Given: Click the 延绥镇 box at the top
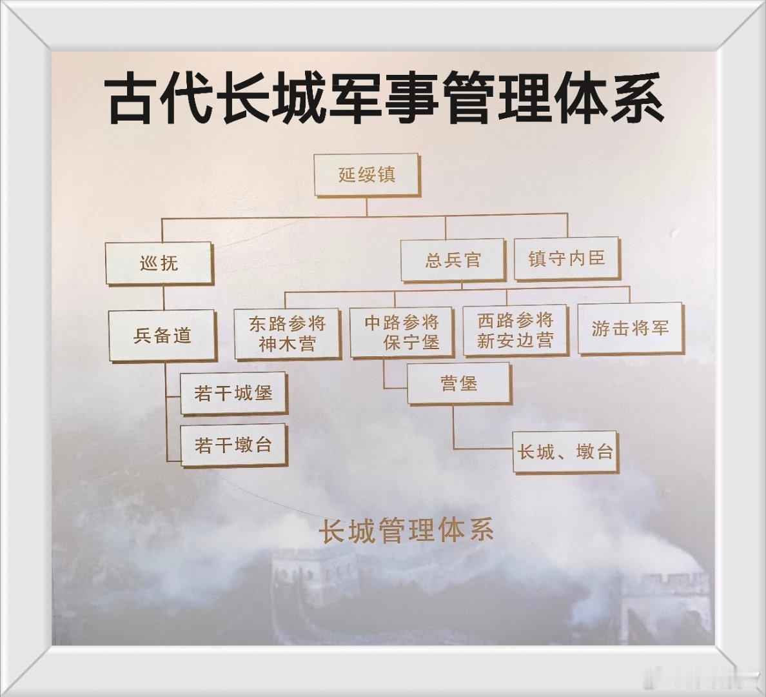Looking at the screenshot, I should (x=366, y=175).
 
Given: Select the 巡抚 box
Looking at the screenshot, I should (x=159, y=263).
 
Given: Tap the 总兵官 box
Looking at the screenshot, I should (x=452, y=260).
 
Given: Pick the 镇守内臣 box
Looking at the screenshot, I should (x=566, y=258).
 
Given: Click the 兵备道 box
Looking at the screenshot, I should (x=162, y=335).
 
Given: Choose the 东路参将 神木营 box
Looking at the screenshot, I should (x=287, y=334).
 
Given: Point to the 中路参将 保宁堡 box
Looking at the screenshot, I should (x=401, y=332).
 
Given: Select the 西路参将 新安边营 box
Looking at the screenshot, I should (x=515, y=330).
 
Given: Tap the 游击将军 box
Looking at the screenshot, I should (x=630, y=328).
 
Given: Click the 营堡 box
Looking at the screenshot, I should (x=458, y=383).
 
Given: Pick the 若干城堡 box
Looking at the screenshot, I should (x=233, y=392).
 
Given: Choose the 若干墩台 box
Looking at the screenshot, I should (x=233, y=445).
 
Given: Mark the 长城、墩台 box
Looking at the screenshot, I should (x=565, y=451).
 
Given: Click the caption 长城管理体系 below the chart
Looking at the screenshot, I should (x=407, y=530).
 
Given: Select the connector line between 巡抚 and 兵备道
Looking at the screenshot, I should (x=163, y=298).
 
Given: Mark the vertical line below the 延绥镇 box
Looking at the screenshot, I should (x=366, y=207).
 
